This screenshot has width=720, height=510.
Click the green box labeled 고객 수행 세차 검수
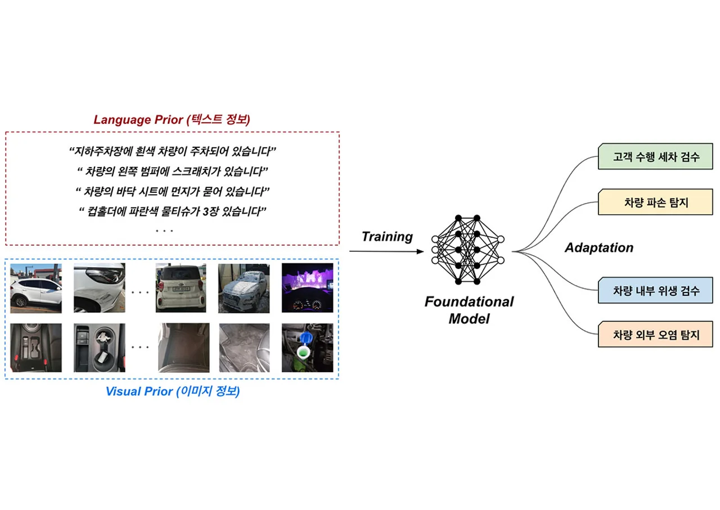coord(655,156)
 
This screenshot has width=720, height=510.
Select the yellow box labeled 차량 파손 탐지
coord(655,202)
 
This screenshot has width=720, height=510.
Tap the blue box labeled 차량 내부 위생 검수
coord(655,290)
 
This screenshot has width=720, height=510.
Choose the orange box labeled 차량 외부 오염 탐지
coord(655,334)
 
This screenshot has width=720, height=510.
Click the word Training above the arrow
coord(388,237)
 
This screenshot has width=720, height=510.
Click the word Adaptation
coord(599,248)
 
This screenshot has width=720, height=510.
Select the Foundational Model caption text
coord(469,310)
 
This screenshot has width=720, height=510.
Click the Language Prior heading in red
coord(172,120)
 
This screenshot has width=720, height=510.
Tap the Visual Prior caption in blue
coord(173,391)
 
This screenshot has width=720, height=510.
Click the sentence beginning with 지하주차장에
coord(173,151)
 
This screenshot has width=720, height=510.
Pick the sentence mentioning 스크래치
coord(173,171)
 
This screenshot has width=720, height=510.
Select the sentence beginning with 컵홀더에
coord(173,211)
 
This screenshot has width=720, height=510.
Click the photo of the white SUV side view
coord(36,288)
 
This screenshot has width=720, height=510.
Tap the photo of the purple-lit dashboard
coord(308,288)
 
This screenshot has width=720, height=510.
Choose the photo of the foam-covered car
coord(244,288)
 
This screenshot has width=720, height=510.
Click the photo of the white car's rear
coord(181,288)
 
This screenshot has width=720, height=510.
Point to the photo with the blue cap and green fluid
coord(308,347)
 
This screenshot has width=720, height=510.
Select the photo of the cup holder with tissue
coord(100,347)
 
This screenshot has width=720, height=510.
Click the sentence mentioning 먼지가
coord(173,192)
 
